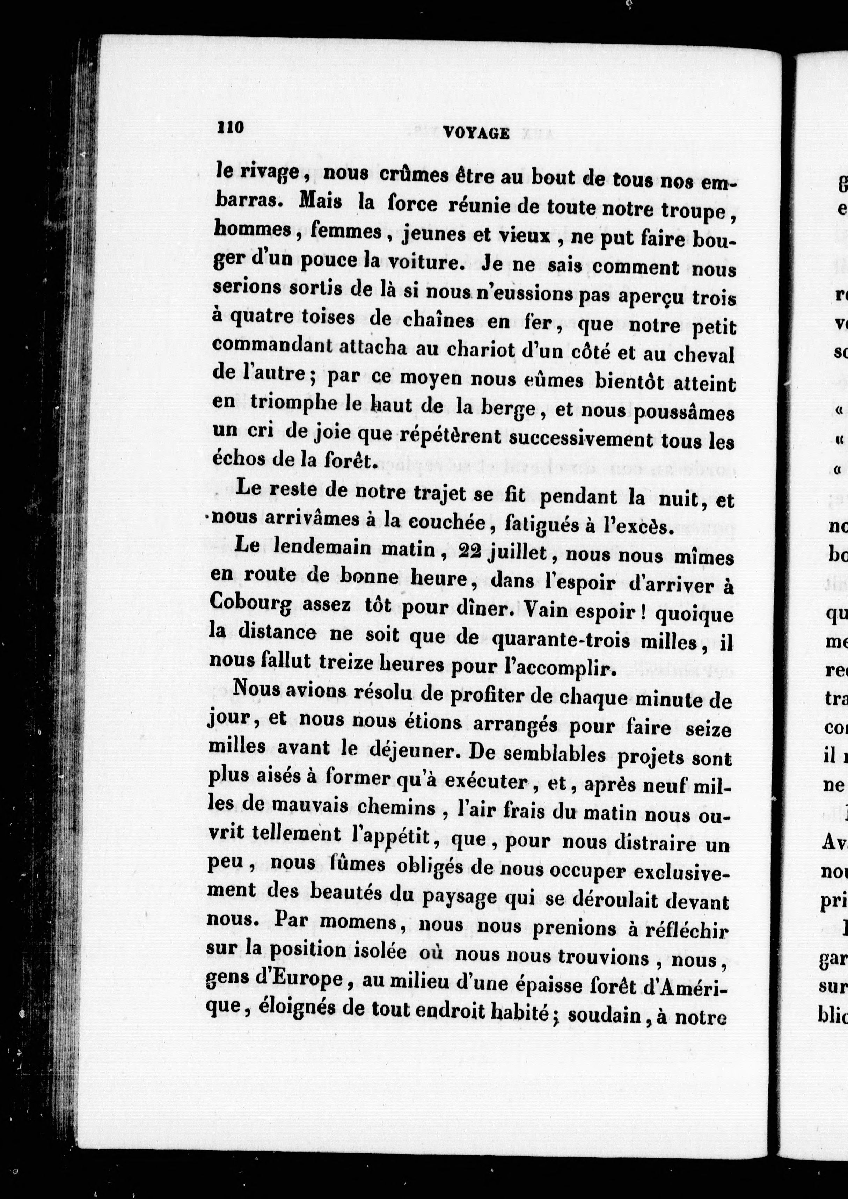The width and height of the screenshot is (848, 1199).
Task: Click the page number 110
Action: pyautogui.click(x=230, y=128)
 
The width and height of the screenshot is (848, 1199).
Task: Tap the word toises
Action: pyautogui.click(x=328, y=318)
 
